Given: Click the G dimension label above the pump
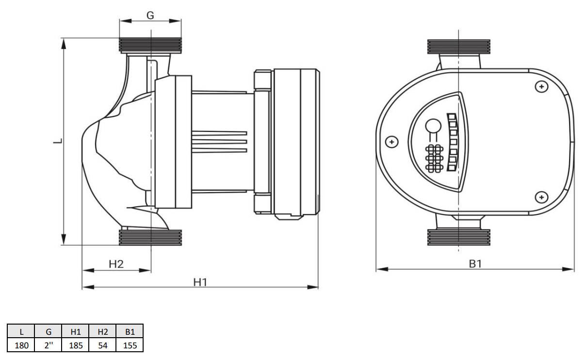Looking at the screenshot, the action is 150,16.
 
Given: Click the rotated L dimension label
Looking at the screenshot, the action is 58,141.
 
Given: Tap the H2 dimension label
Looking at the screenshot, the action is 116,264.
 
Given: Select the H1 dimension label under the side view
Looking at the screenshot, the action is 200,282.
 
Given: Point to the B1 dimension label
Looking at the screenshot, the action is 475,264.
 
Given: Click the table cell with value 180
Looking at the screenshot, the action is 21,345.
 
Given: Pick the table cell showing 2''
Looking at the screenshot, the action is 49,345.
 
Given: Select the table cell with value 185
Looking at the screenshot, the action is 76,345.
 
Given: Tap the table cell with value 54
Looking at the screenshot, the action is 103,345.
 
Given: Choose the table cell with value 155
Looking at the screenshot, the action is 130,345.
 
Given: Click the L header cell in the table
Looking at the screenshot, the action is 21,331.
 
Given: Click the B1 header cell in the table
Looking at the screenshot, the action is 130,331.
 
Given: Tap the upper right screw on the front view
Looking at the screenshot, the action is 541,87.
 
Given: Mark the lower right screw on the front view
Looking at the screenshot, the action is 541,197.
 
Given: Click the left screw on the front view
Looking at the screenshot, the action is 392,142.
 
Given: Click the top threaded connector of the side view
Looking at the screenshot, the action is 150,46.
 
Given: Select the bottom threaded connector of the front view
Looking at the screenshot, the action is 458,237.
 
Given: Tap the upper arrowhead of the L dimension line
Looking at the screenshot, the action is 64,44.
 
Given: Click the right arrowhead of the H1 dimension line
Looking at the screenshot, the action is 312,287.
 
